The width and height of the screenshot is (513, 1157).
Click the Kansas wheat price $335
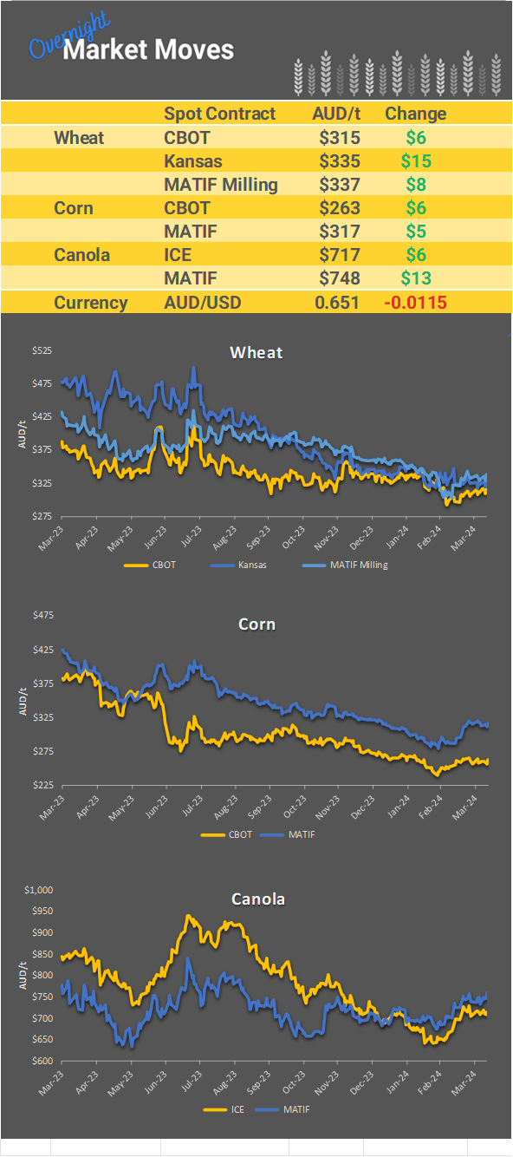click(339, 161)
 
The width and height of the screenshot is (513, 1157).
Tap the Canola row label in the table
click(81, 255)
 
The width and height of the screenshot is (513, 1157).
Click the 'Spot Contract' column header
click(219, 114)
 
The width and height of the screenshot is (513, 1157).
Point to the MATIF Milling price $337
click(339, 185)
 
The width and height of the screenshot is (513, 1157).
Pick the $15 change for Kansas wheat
click(415, 161)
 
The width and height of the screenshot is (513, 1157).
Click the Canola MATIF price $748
click(339, 278)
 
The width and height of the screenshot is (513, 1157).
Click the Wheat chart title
click(256, 352)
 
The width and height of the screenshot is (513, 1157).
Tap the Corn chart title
click(256, 624)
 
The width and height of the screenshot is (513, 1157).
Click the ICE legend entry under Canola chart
click(231, 1109)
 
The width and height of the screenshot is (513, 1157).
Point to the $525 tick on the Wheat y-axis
click(42, 350)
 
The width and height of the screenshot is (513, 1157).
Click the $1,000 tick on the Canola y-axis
click(38, 890)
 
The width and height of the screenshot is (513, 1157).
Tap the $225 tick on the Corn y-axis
click(42, 785)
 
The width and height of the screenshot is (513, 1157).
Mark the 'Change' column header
click(415, 114)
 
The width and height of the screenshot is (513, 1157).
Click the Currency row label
click(90, 303)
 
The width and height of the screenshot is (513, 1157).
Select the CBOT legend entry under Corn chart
click(231, 834)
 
